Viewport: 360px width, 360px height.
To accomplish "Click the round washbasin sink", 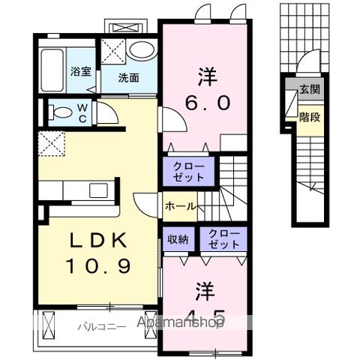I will tap(138, 50).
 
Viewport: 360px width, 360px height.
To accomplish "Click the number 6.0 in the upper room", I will tap(203, 102).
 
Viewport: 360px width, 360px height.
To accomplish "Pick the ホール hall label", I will tap(180, 205).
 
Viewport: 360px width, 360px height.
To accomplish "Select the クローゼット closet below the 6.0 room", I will tap(187, 170).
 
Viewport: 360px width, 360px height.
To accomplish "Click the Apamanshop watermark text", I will tap(180, 324).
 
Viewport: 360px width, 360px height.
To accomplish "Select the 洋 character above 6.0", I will tap(204, 76).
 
